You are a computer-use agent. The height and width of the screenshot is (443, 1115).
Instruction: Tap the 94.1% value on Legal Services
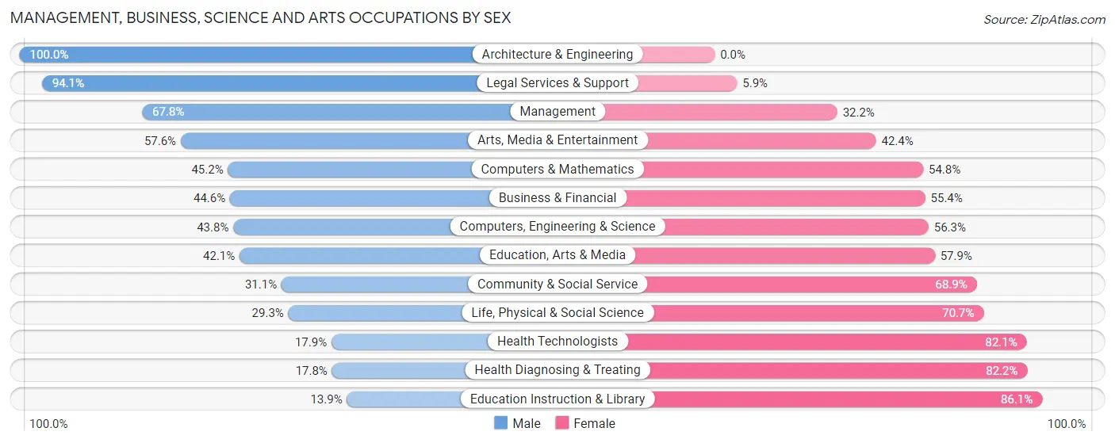68,83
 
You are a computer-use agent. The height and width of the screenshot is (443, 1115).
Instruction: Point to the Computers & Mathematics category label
557,169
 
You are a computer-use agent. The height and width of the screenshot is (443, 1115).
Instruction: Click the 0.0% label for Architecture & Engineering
733,55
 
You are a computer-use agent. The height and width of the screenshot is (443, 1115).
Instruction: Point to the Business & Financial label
557,198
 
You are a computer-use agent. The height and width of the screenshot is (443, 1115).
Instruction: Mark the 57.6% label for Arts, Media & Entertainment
160,141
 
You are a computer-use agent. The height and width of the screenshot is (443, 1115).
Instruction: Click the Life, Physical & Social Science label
557,313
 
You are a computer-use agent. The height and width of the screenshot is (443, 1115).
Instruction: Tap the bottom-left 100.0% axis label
49,424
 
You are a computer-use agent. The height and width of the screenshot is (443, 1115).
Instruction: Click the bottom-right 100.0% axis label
1066,424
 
